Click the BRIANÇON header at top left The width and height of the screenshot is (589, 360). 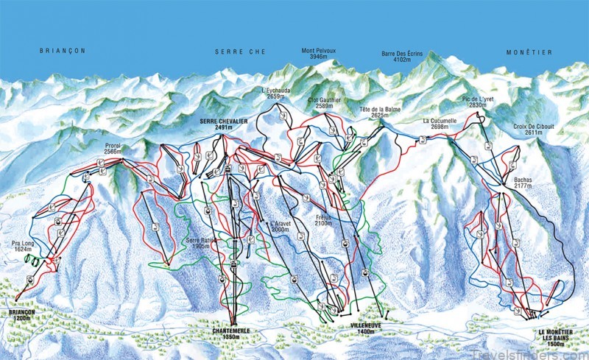62,51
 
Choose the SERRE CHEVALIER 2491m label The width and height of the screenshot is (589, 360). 222,123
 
